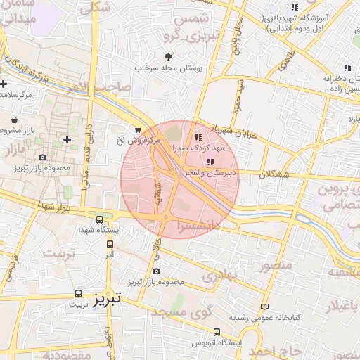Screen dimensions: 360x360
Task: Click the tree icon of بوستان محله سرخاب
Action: tap(167, 57)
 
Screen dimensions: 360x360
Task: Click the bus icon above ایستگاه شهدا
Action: tap(99, 219)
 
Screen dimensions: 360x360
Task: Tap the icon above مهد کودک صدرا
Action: tap(198, 137)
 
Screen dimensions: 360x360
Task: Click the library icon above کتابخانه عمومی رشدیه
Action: tap(264, 307)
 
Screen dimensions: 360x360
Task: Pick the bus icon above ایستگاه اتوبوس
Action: tap(217, 332)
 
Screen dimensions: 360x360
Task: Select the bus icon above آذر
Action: tap(110, 244)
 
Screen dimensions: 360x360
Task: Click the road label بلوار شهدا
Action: tap(39, 206)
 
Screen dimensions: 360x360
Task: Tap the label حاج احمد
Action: tap(278, 349)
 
